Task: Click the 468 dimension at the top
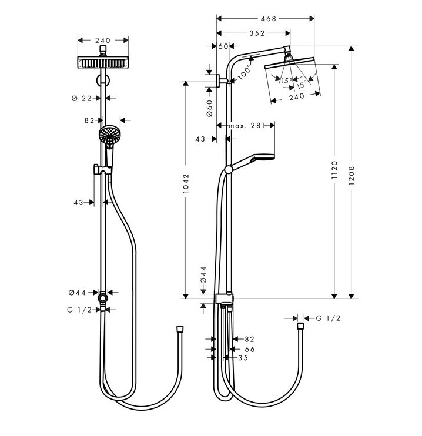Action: pos(268,19)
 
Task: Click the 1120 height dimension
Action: pos(334,170)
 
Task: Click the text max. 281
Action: pos(245,125)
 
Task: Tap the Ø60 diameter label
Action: pos(209,108)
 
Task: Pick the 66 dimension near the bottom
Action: pos(249,348)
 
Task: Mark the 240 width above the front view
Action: pos(103,41)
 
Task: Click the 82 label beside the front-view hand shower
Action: pos(89,120)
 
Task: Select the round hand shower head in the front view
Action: pos(109,135)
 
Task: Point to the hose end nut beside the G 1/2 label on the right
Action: pos(300,324)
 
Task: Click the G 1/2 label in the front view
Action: pos(79,310)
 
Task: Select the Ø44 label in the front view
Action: pos(77,292)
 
